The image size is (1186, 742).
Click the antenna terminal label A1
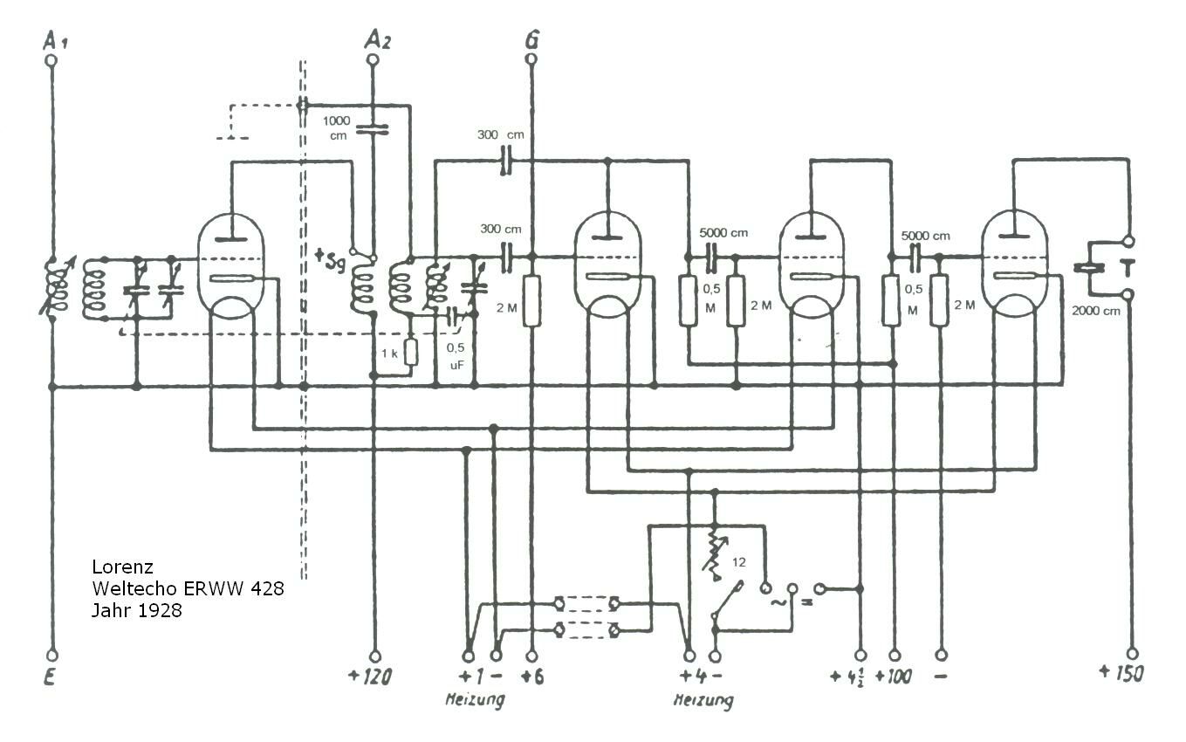pos(55,40)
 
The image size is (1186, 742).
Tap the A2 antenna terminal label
pos(378,40)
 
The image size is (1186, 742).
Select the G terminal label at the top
pos(532,40)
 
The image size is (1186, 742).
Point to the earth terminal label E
pos(49,677)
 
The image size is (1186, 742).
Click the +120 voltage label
pos(370,677)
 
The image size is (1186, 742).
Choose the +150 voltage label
pos(1121,673)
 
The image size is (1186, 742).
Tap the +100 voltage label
pos(893,677)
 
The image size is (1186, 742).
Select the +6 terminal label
pos(532,677)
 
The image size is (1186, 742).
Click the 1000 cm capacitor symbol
pos(373,129)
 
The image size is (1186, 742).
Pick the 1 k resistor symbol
pos(410,352)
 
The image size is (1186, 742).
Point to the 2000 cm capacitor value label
pos(1095,311)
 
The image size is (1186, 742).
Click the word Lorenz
pos(122,567)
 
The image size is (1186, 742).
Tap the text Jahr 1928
pos(137,611)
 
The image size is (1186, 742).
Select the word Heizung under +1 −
pos(475,700)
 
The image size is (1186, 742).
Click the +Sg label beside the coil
pos(330,259)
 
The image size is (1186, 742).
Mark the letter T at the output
pos(1128,268)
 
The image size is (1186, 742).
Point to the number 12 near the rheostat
pos(739,562)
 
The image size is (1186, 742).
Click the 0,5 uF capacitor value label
pos(456,356)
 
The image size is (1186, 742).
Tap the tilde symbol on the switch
pos(778,601)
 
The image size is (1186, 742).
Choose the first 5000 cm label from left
pos(723,232)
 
